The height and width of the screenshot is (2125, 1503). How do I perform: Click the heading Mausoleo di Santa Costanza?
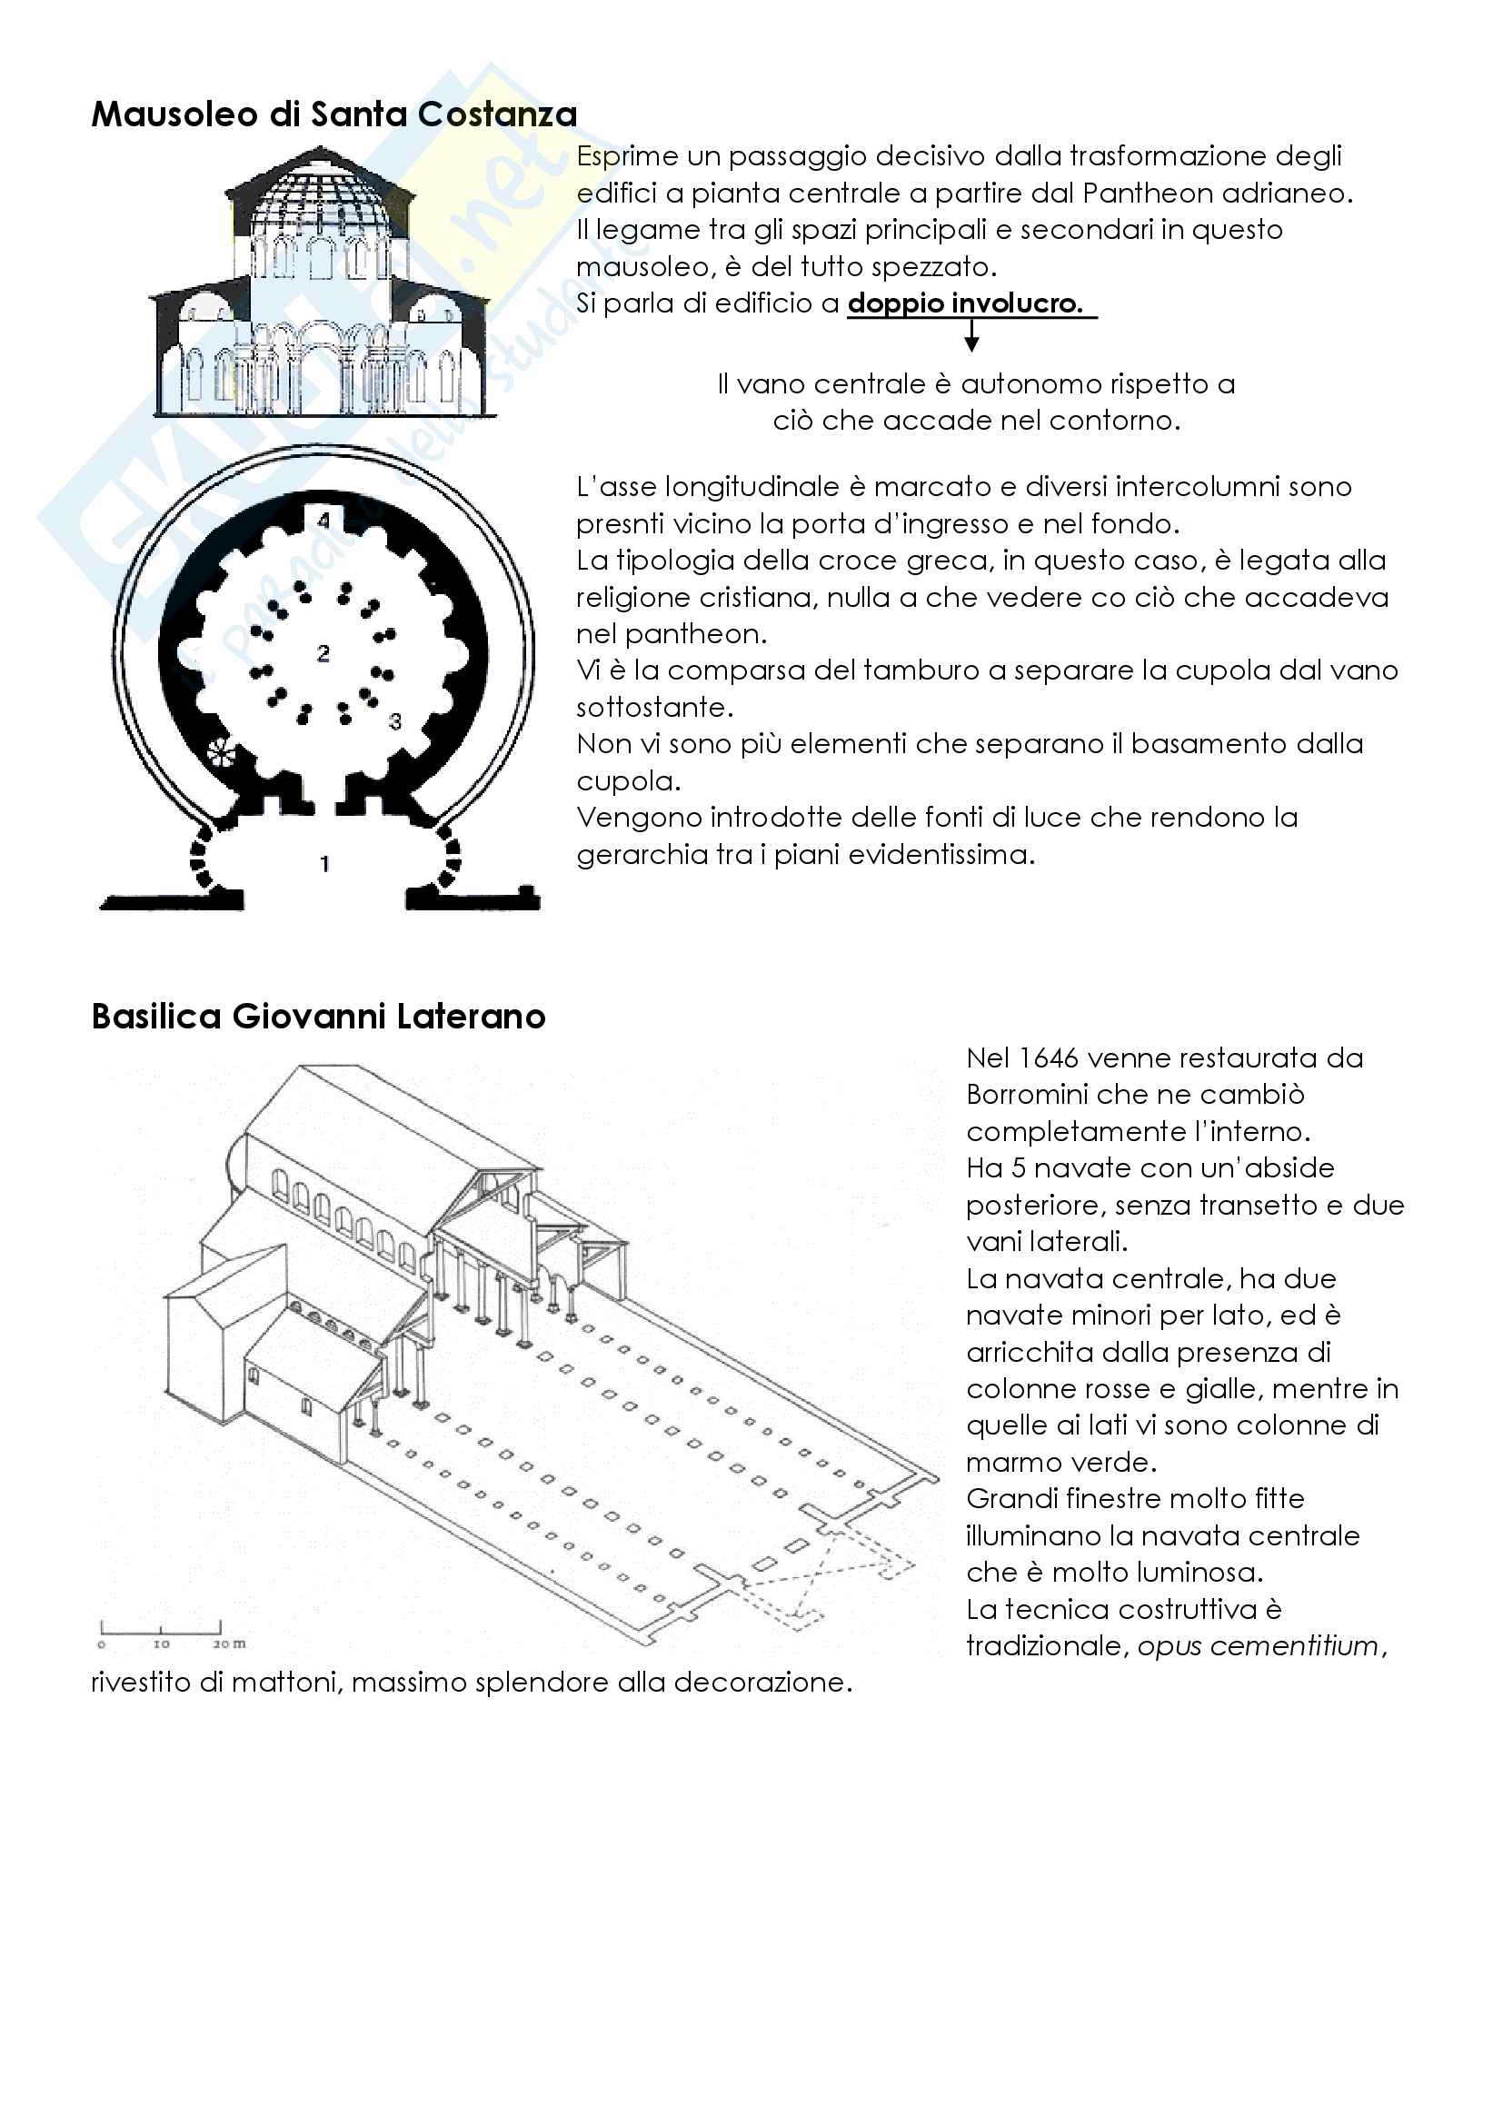coord(334,114)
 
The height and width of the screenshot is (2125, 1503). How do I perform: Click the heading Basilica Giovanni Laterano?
coord(318,1017)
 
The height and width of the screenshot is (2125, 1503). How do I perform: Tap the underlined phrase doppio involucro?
coord(965,303)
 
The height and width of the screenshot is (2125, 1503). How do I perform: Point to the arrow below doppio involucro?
coord(971,335)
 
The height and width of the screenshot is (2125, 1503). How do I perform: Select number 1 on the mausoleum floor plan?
coord(324,863)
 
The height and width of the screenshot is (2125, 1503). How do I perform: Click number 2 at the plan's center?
coord(323,653)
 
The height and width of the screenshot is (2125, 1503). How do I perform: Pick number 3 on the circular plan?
coord(395,721)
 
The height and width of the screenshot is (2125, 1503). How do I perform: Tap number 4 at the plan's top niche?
coord(323,521)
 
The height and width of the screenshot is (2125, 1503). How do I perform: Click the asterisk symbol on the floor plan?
coord(221,754)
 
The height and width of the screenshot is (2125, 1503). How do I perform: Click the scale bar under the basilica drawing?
coord(161,1628)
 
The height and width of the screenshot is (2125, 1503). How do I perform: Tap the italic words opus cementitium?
coord(1258,1645)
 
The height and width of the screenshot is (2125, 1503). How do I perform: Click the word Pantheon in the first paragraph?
coord(1147,194)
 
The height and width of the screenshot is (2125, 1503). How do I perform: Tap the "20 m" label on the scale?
coord(230,1643)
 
